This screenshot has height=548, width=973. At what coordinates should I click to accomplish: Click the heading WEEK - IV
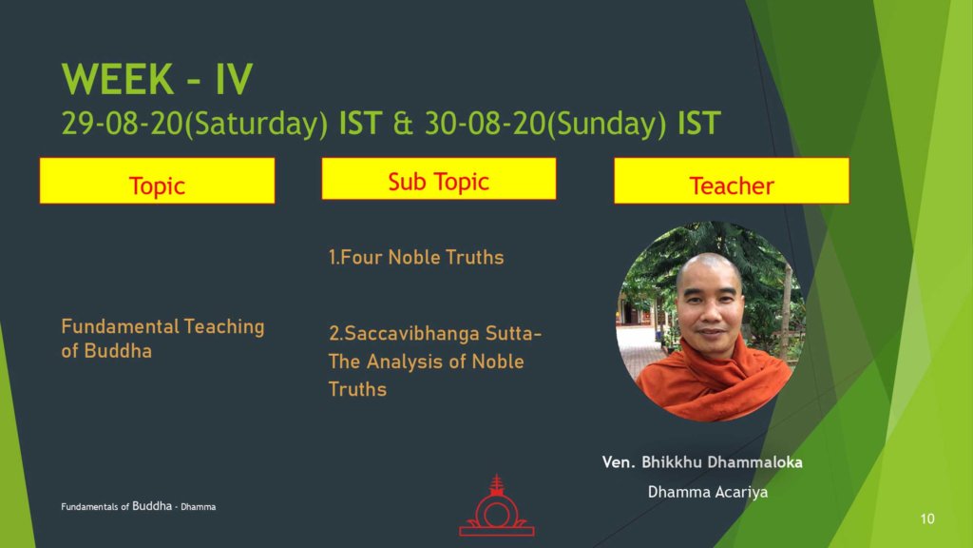coord(157,79)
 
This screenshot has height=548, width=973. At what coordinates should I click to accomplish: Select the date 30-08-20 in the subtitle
coord(484,123)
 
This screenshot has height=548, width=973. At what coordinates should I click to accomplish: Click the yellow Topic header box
coord(157,180)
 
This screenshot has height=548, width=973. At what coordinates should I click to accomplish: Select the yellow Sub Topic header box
coord(439,179)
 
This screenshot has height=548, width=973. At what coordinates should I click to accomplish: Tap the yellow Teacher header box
coord(732,180)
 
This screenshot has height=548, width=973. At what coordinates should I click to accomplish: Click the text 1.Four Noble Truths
coord(416,257)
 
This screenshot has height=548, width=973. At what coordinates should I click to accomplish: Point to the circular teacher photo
coord(711,322)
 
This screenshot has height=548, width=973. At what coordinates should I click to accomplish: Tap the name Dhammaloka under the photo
coord(754,462)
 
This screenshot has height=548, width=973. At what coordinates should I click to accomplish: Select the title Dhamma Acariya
coord(708,492)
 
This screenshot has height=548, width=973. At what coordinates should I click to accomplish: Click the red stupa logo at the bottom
coord(496,506)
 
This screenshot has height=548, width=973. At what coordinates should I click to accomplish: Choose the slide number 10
coord(927,519)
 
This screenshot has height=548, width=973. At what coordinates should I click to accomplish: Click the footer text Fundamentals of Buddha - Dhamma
coord(139,506)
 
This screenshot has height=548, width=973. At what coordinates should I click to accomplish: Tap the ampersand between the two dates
coord(403,123)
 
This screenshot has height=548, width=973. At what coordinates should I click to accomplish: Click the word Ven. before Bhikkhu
coord(619,462)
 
